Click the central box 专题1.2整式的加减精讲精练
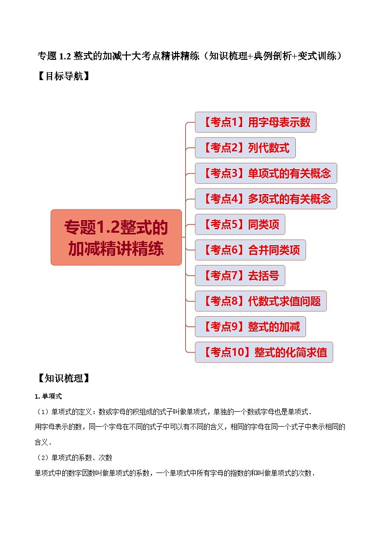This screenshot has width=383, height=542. point(116,237)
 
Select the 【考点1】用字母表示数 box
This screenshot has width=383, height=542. point(256,122)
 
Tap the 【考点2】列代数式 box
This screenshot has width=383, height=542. point(245,148)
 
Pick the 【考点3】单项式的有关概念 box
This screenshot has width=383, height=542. point(266,173)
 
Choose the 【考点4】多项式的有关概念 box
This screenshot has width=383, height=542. point(266,199)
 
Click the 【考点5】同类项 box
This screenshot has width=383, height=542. point(240,224)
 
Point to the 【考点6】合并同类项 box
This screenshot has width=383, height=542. point(250,250)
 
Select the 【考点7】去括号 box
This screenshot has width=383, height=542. point(240,276)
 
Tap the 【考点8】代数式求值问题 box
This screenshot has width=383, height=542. point(261,301)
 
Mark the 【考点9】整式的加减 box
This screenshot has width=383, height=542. point(250,327)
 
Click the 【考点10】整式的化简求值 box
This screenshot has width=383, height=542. point(264,352)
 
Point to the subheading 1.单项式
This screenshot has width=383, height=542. point(49,396)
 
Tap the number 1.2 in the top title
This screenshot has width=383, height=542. point(66,56)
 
